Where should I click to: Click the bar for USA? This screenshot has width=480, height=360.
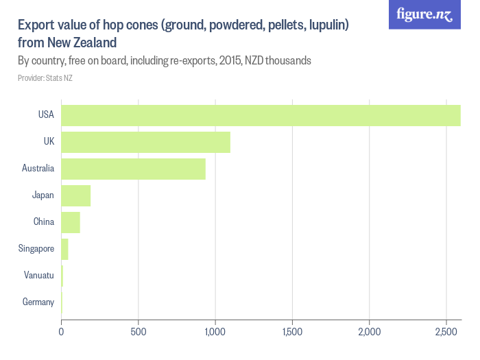click(261, 115)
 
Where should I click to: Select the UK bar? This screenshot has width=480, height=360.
click(145, 142)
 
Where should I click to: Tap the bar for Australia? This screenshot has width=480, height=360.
click(133, 169)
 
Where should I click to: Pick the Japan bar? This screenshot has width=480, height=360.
click(75, 195)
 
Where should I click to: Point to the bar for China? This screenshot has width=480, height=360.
click(71, 222)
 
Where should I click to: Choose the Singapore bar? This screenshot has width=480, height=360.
click(64, 249)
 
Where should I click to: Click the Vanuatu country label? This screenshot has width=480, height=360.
click(38, 276)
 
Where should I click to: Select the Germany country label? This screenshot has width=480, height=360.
click(38, 302)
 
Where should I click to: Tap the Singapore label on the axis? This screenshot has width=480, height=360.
click(36, 249)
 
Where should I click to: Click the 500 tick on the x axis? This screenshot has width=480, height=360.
click(139, 332)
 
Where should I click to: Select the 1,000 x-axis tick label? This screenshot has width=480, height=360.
click(215, 332)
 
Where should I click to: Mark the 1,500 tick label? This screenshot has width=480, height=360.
click(293, 332)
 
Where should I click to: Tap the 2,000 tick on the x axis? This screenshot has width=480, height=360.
click(370, 332)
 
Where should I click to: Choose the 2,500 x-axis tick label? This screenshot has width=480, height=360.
click(446, 332)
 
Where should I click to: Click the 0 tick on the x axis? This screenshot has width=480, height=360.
click(62, 332)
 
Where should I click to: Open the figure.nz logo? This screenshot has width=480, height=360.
click(424, 14)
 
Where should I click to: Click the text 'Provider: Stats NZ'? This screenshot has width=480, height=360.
click(45, 77)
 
